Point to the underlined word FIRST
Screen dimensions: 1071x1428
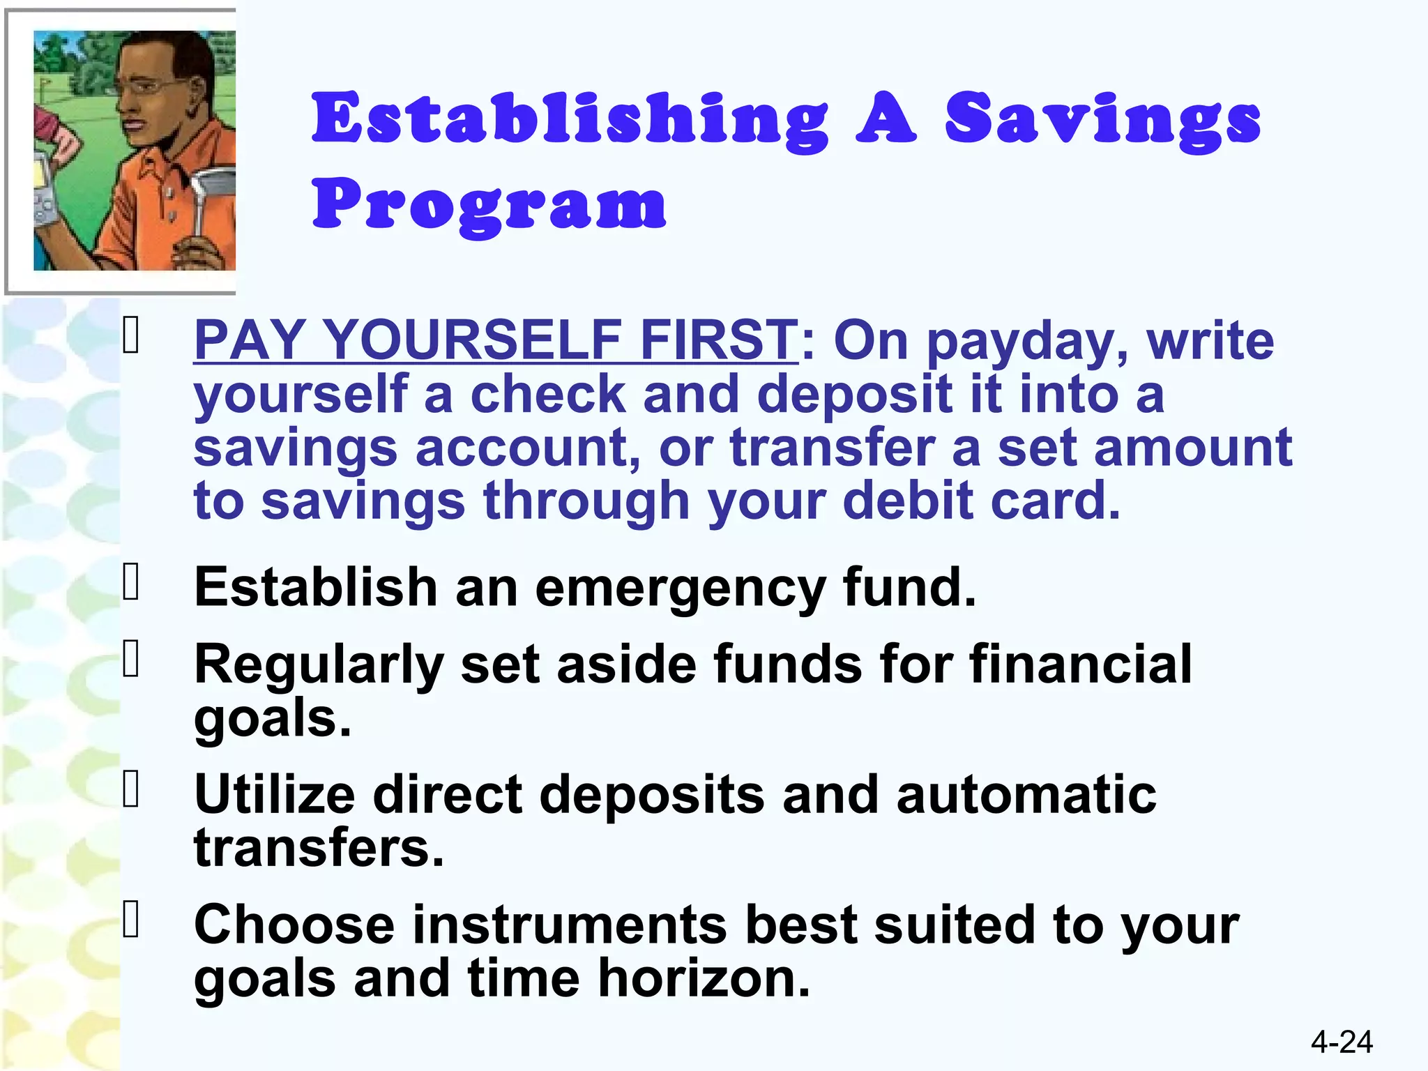click(x=719, y=340)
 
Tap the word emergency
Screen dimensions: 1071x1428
click(x=680, y=588)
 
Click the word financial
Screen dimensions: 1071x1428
click(x=1080, y=664)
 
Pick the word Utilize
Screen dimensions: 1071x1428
click(x=275, y=794)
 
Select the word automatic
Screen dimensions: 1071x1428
click(x=1026, y=794)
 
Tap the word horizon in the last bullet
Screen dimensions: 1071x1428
click(x=704, y=978)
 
